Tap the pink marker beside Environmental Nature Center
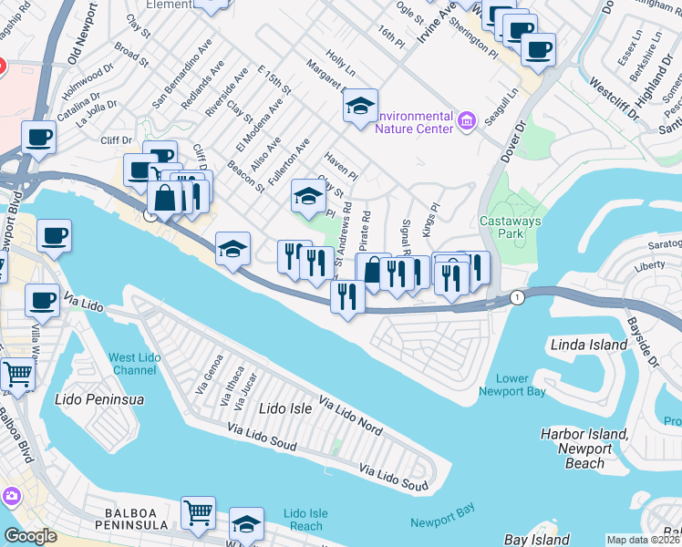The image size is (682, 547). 468,120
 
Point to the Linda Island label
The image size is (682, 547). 589,345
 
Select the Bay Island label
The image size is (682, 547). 538,540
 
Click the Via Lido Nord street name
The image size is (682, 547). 350,414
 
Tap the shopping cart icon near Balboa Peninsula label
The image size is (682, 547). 198,512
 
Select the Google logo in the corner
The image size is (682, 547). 29,536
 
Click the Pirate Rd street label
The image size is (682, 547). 364,232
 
